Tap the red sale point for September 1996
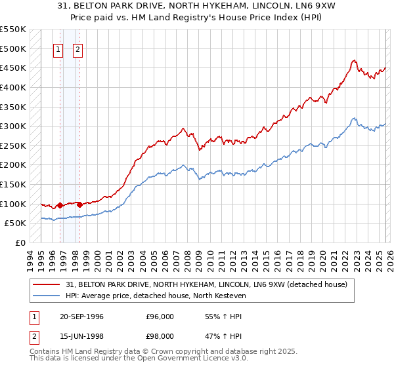[x=60, y=205]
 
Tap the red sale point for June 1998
[x=79, y=204]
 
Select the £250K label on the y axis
[x=13, y=145]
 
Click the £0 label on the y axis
[x=20, y=242]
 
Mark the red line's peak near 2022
[x=353, y=61]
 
